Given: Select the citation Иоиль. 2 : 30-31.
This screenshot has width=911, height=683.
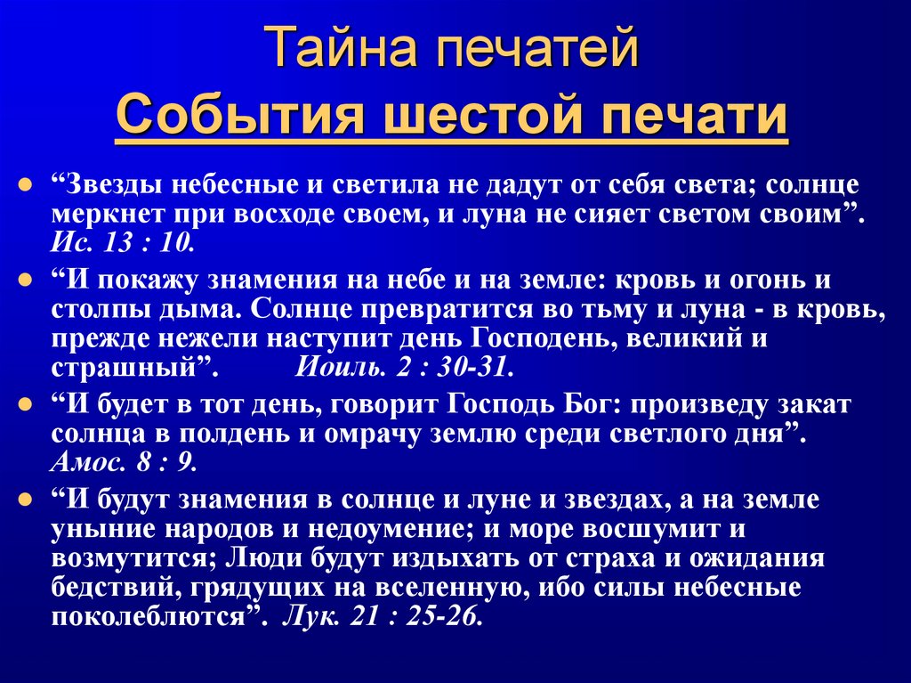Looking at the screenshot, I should coord(404,368).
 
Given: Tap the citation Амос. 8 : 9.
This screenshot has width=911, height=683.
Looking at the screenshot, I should coord(124,463).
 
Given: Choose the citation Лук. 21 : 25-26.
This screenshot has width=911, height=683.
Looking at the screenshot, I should coord(383,618).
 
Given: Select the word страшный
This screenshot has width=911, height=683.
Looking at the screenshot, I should coord(125,368).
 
